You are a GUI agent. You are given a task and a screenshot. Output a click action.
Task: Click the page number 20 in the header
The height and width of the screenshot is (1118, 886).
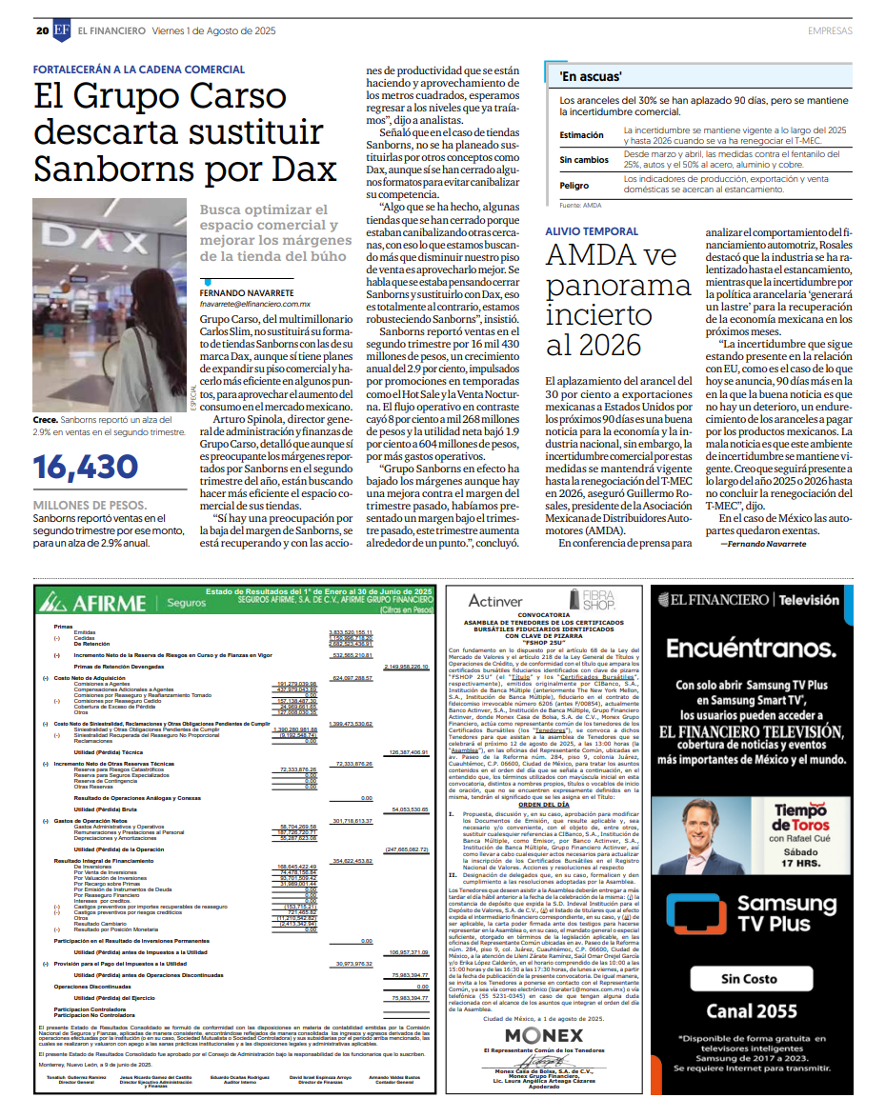[x=42, y=30]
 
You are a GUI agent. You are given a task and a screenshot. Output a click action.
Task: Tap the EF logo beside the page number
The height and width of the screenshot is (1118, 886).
[x=61, y=30]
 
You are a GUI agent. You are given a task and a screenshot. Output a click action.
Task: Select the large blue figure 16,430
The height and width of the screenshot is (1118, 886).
[x=87, y=467]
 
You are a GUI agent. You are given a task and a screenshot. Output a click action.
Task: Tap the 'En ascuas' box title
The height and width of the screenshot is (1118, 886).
[x=591, y=75]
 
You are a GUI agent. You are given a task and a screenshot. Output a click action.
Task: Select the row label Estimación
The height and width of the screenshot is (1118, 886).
[x=581, y=135]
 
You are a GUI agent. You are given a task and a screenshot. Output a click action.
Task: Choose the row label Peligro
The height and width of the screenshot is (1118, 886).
[x=574, y=186]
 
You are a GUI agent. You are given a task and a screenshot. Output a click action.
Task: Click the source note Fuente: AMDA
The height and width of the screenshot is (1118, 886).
[x=580, y=205]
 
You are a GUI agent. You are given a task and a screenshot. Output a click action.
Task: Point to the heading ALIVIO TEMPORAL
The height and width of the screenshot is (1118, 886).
[x=591, y=231]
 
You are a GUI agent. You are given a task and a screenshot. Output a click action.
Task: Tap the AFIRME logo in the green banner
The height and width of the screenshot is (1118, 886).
[x=96, y=602]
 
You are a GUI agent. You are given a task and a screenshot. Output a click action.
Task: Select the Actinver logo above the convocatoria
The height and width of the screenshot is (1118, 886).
[x=495, y=601]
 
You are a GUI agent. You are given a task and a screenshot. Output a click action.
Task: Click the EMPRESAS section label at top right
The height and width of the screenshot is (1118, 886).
[x=830, y=30]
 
